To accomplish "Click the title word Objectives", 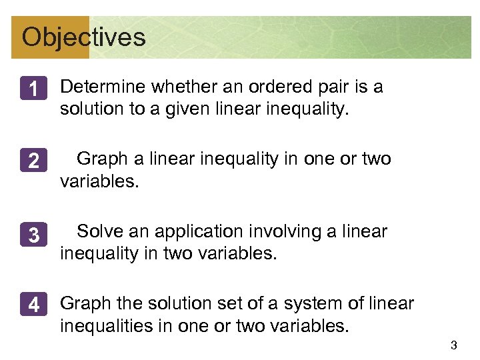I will click(83, 37).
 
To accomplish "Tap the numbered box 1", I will click(33, 89).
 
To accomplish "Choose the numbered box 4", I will click(33, 306).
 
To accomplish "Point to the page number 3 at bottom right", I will click(453, 345).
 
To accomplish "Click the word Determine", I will click(103, 87).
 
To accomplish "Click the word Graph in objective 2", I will click(101, 159).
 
